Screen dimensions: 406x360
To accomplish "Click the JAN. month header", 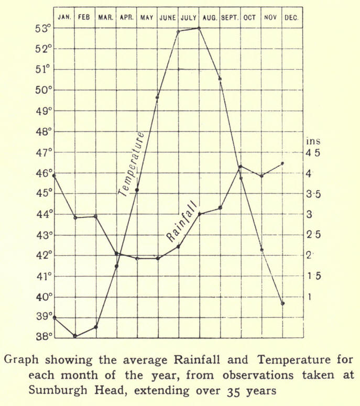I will [64, 17].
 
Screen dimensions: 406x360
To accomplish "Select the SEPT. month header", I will [230, 17].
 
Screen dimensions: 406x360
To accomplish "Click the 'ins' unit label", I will [313, 141].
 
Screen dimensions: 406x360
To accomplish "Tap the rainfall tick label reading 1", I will [309, 297].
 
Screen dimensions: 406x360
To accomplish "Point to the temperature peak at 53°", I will [199, 28].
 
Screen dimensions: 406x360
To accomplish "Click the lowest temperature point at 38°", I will [75, 336].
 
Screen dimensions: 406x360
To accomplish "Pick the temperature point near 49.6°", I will [157, 97].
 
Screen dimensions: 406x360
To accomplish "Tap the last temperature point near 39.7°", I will [282, 303].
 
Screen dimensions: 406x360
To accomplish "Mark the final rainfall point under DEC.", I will [282, 163].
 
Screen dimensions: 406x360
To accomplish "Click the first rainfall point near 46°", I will [54, 176].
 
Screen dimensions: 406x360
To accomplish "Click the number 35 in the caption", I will [235, 389].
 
